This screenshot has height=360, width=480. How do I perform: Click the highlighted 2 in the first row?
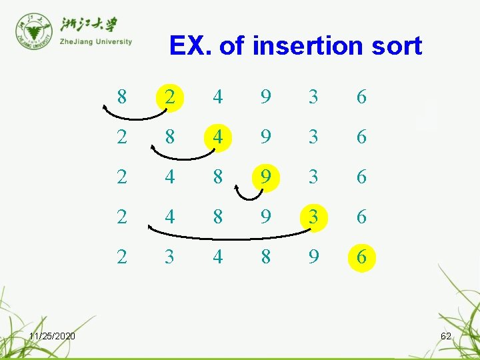click(170, 97)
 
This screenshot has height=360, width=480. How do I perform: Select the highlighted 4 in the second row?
click(218, 137)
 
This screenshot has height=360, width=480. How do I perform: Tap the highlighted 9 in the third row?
click(266, 177)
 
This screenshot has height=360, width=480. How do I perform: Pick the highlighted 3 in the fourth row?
click(313, 217)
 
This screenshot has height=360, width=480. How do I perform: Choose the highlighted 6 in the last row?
click(361, 257)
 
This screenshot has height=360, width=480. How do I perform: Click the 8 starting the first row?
click(121, 97)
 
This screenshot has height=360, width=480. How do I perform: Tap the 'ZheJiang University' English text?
click(95, 41)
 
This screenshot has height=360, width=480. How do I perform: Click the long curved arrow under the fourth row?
click(230, 236)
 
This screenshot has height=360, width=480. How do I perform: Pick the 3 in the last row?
click(170, 257)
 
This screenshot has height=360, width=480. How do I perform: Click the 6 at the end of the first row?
click(361, 97)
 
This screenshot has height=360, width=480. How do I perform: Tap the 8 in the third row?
click(218, 177)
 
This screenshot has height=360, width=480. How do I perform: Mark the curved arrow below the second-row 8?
click(181, 157)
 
